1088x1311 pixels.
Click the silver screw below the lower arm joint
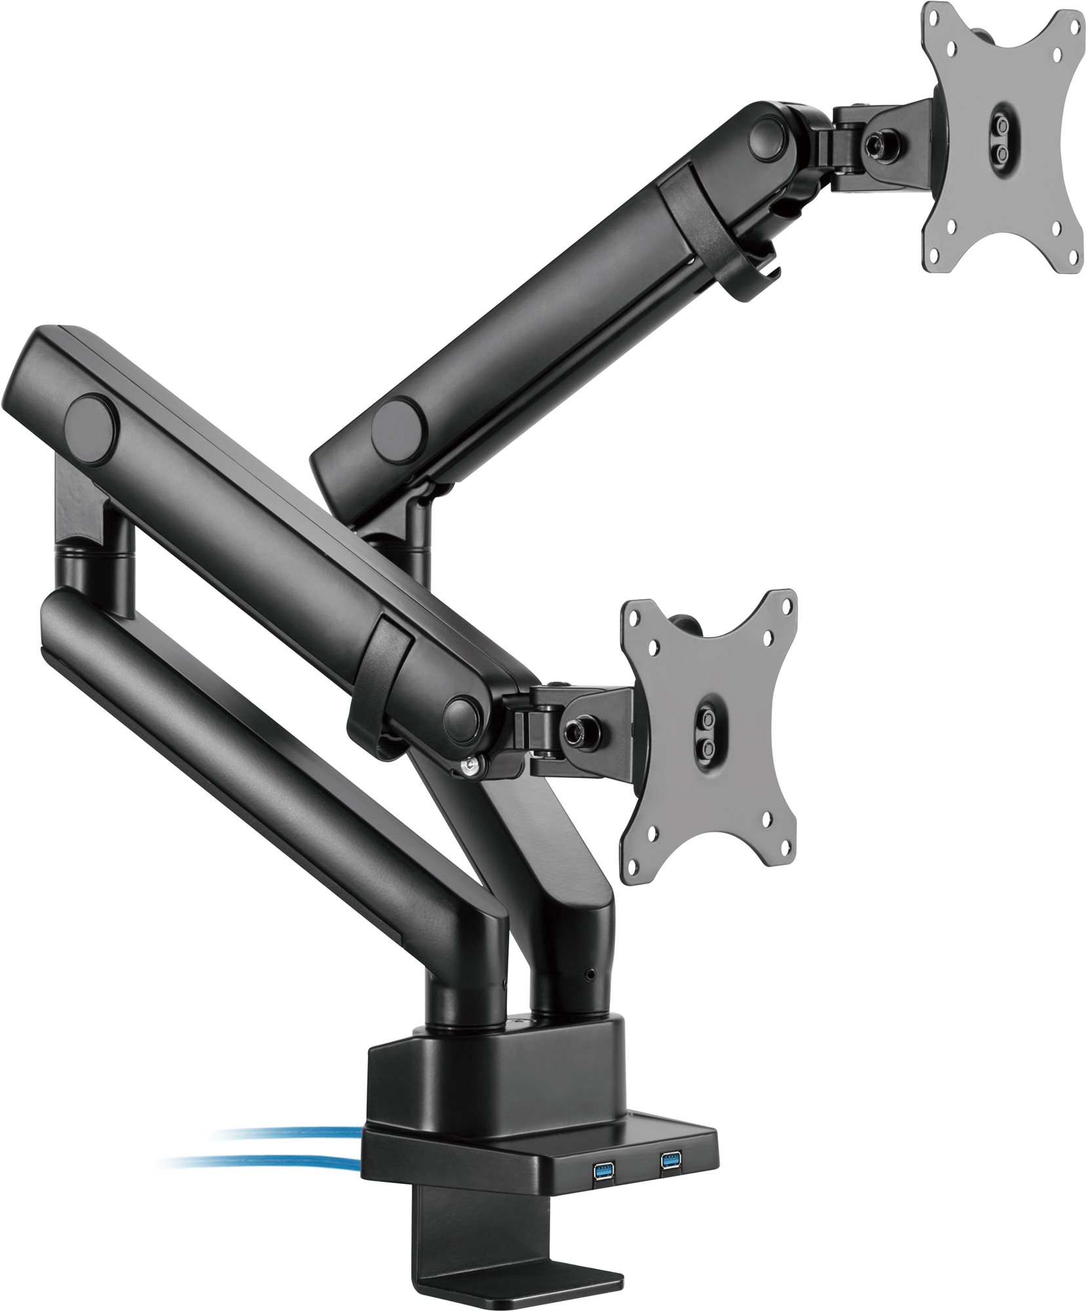pyautogui.click(x=470, y=767)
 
